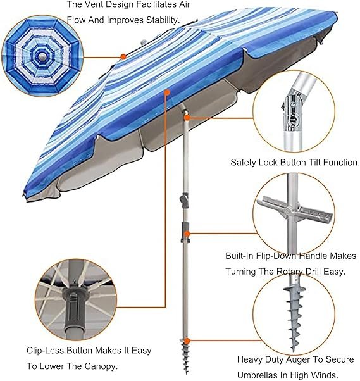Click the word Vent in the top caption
pos(93,4)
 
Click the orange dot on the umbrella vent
pos(123,57)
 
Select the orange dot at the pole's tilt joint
pos(187,118)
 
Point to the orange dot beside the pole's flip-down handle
pos(187,234)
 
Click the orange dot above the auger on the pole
pos(187,340)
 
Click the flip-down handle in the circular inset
pos(294,211)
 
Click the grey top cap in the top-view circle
pos(42,57)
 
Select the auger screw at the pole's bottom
pos(186,356)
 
